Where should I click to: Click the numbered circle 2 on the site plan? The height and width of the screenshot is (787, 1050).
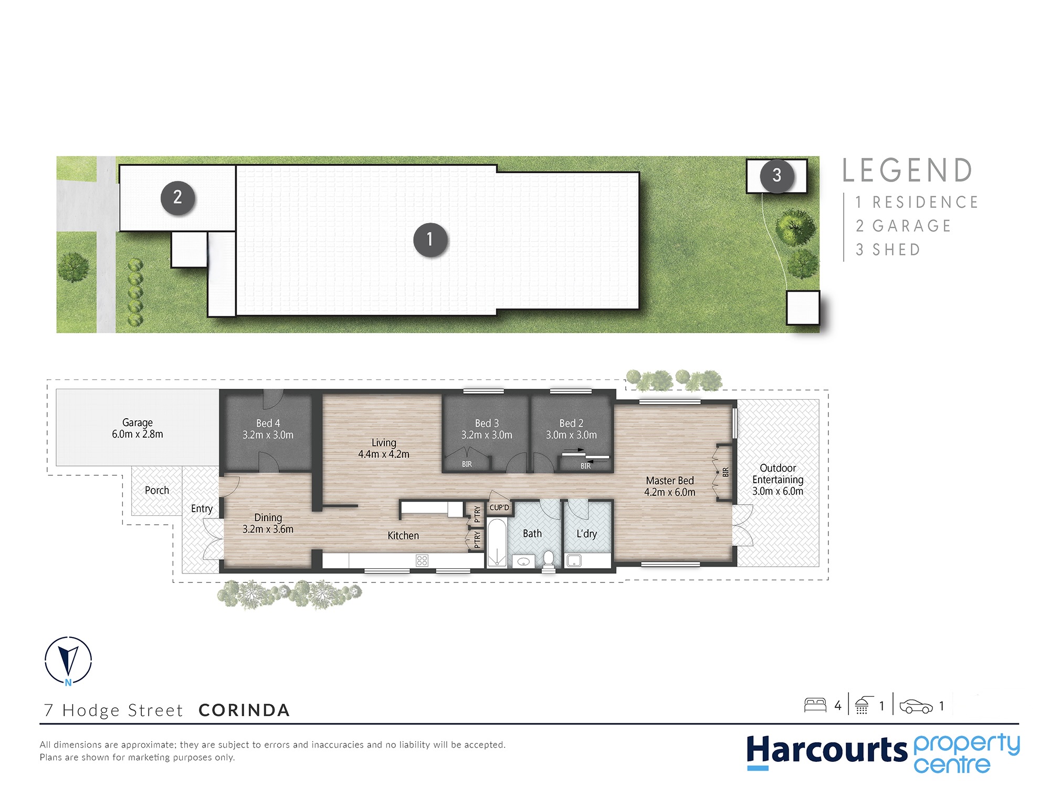click(177, 198)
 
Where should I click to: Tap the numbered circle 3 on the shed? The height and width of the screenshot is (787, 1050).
click(776, 176)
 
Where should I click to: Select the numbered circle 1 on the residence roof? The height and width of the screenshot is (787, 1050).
click(430, 240)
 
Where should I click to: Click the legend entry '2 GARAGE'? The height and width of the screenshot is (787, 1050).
click(903, 226)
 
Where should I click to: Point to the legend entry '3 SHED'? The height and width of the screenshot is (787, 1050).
click(888, 250)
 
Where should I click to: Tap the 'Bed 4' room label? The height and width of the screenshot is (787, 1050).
click(268, 423)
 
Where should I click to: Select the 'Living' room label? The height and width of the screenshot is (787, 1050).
click(384, 443)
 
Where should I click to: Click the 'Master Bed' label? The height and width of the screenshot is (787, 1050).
click(670, 481)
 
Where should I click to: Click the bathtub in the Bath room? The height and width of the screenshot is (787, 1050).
click(497, 543)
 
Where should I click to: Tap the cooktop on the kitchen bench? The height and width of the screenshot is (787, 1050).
click(422, 560)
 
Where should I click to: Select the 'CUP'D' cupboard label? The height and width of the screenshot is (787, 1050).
click(499, 507)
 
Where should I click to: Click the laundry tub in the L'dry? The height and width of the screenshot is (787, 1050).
click(574, 560)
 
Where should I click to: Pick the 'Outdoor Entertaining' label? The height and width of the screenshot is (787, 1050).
click(778, 474)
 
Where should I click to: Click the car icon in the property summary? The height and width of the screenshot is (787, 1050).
click(916, 706)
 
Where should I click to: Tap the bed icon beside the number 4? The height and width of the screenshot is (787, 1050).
click(815, 705)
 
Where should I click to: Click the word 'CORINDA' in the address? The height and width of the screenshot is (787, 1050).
click(244, 710)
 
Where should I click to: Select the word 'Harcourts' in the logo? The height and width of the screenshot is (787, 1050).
click(827, 750)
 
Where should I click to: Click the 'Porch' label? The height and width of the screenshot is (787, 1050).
click(157, 490)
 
